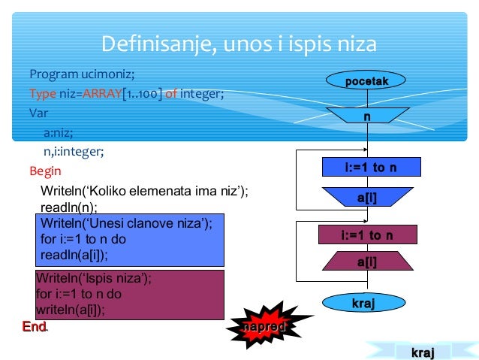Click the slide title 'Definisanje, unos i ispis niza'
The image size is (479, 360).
pos(239,44)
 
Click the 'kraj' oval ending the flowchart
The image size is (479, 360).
pos(363,303)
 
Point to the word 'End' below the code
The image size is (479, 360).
pos(34,327)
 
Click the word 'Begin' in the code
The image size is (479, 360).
pos(45,171)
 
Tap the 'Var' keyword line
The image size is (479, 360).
pos(38,113)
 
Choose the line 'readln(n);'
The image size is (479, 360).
pos(68,207)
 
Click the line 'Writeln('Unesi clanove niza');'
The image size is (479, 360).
pos(126,223)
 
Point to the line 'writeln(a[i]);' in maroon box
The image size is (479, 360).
pos(71,309)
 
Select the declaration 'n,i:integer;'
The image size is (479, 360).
pos(73,151)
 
